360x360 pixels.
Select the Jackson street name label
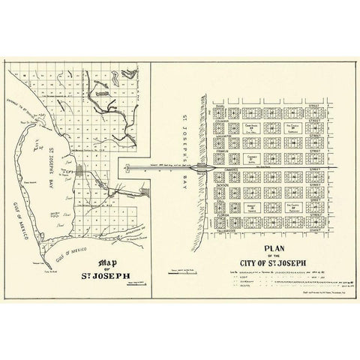pos(222,186)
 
